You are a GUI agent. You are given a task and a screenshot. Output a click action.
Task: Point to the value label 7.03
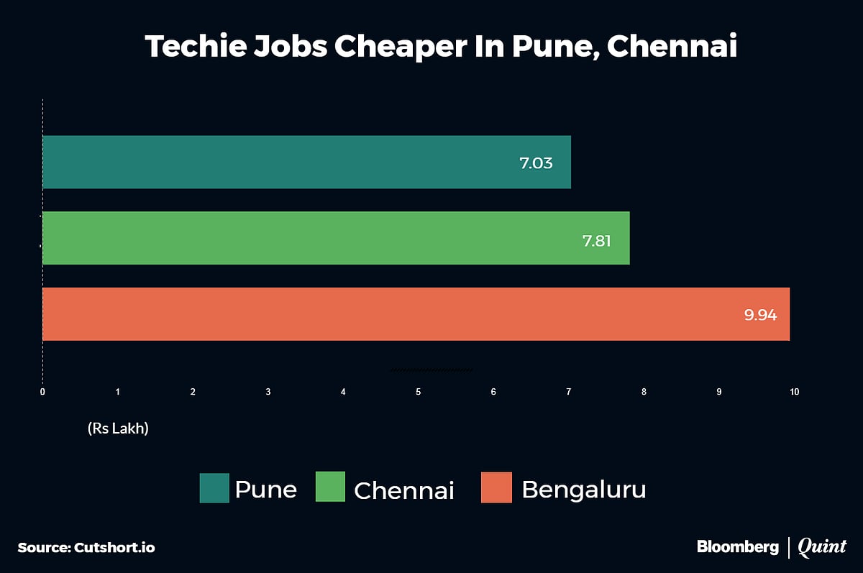click(536, 163)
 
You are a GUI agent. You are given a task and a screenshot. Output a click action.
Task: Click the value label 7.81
click(596, 241)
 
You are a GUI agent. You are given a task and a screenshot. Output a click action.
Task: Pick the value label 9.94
click(760, 315)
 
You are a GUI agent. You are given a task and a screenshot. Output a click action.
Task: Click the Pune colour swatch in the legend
click(214, 488)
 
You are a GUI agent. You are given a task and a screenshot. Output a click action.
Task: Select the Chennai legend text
click(404, 490)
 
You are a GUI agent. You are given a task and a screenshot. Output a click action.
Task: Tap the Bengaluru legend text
click(583, 489)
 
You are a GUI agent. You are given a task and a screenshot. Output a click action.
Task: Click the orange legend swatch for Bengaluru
click(496, 488)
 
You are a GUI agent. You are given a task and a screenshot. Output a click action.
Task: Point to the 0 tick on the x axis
click(42, 392)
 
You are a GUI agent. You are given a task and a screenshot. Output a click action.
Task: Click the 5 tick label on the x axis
click(418, 392)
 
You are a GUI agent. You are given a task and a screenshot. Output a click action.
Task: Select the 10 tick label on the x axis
click(794, 392)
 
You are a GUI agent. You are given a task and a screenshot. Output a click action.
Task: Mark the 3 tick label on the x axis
click(268, 392)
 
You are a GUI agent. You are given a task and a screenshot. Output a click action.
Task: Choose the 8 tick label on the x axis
click(644, 392)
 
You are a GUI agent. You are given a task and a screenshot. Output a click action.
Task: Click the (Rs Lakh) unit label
click(118, 428)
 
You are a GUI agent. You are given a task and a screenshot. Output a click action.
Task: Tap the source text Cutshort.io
click(114, 547)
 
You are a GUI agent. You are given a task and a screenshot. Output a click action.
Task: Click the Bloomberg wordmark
click(737, 546)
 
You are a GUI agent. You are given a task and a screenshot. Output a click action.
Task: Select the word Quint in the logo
click(822, 547)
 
